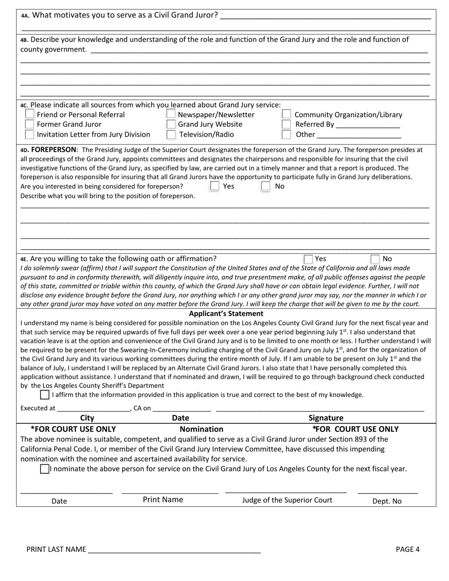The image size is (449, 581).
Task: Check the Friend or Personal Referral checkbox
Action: click(29, 114)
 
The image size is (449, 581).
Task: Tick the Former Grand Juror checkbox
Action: click(29, 124)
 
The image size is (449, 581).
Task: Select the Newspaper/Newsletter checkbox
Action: click(171, 114)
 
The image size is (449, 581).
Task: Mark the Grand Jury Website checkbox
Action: click(171, 124)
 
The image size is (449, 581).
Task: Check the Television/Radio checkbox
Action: click(171, 135)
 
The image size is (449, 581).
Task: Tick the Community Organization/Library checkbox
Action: click(286, 114)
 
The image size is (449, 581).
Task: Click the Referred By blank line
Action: click(368, 125)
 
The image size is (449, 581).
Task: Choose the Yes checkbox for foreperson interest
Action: click(215, 186)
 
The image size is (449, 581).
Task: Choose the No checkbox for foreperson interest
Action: click(266, 186)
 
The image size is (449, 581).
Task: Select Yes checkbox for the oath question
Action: click(308, 259)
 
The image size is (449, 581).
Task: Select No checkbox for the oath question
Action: click(375, 259)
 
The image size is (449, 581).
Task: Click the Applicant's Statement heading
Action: click(226, 314)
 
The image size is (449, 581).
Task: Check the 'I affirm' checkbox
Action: click(44, 395)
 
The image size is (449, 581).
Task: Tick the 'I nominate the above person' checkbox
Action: click(44, 469)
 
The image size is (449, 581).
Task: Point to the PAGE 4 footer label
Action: click(407, 549)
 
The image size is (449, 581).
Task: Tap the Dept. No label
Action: click(387, 501)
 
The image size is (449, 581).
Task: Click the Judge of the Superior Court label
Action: click(287, 500)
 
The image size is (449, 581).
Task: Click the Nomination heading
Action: click(201, 429)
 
